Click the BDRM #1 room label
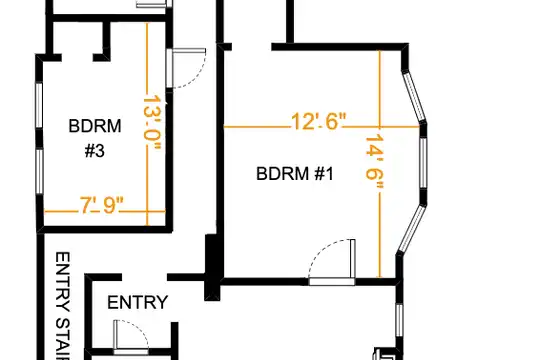pyautogui.click(x=295, y=173)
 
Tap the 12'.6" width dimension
pyautogui.click(x=318, y=121)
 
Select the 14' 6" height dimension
pyautogui.click(x=374, y=162)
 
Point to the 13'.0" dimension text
pyautogui.click(x=152, y=123)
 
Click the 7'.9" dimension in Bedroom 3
pyautogui.click(x=101, y=205)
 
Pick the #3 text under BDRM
pyautogui.click(x=95, y=151)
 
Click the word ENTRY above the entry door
pyautogui.click(x=137, y=302)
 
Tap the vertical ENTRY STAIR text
pyautogui.click(x=63, y=306)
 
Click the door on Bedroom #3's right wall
pyautogui.click(x=186, y=68)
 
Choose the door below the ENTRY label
pyautogui.click(x=131, y=337)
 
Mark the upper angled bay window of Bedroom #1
pyautogui.click(x=414, y=96)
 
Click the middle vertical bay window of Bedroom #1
pyautogui.click(x=423, y=163)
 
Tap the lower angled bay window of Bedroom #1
pyautogui.click(x=412, y=228)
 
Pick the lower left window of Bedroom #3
pyautogui.click(x=40, y=171)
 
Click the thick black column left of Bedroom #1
pyautogui.click(x=212, y=267)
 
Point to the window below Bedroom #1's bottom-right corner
pyautogui.click(x=399, y=320)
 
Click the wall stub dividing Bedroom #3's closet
pyautogui.click(x=106, y=40)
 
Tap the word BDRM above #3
pyautogui.click(x=95, y=126)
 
